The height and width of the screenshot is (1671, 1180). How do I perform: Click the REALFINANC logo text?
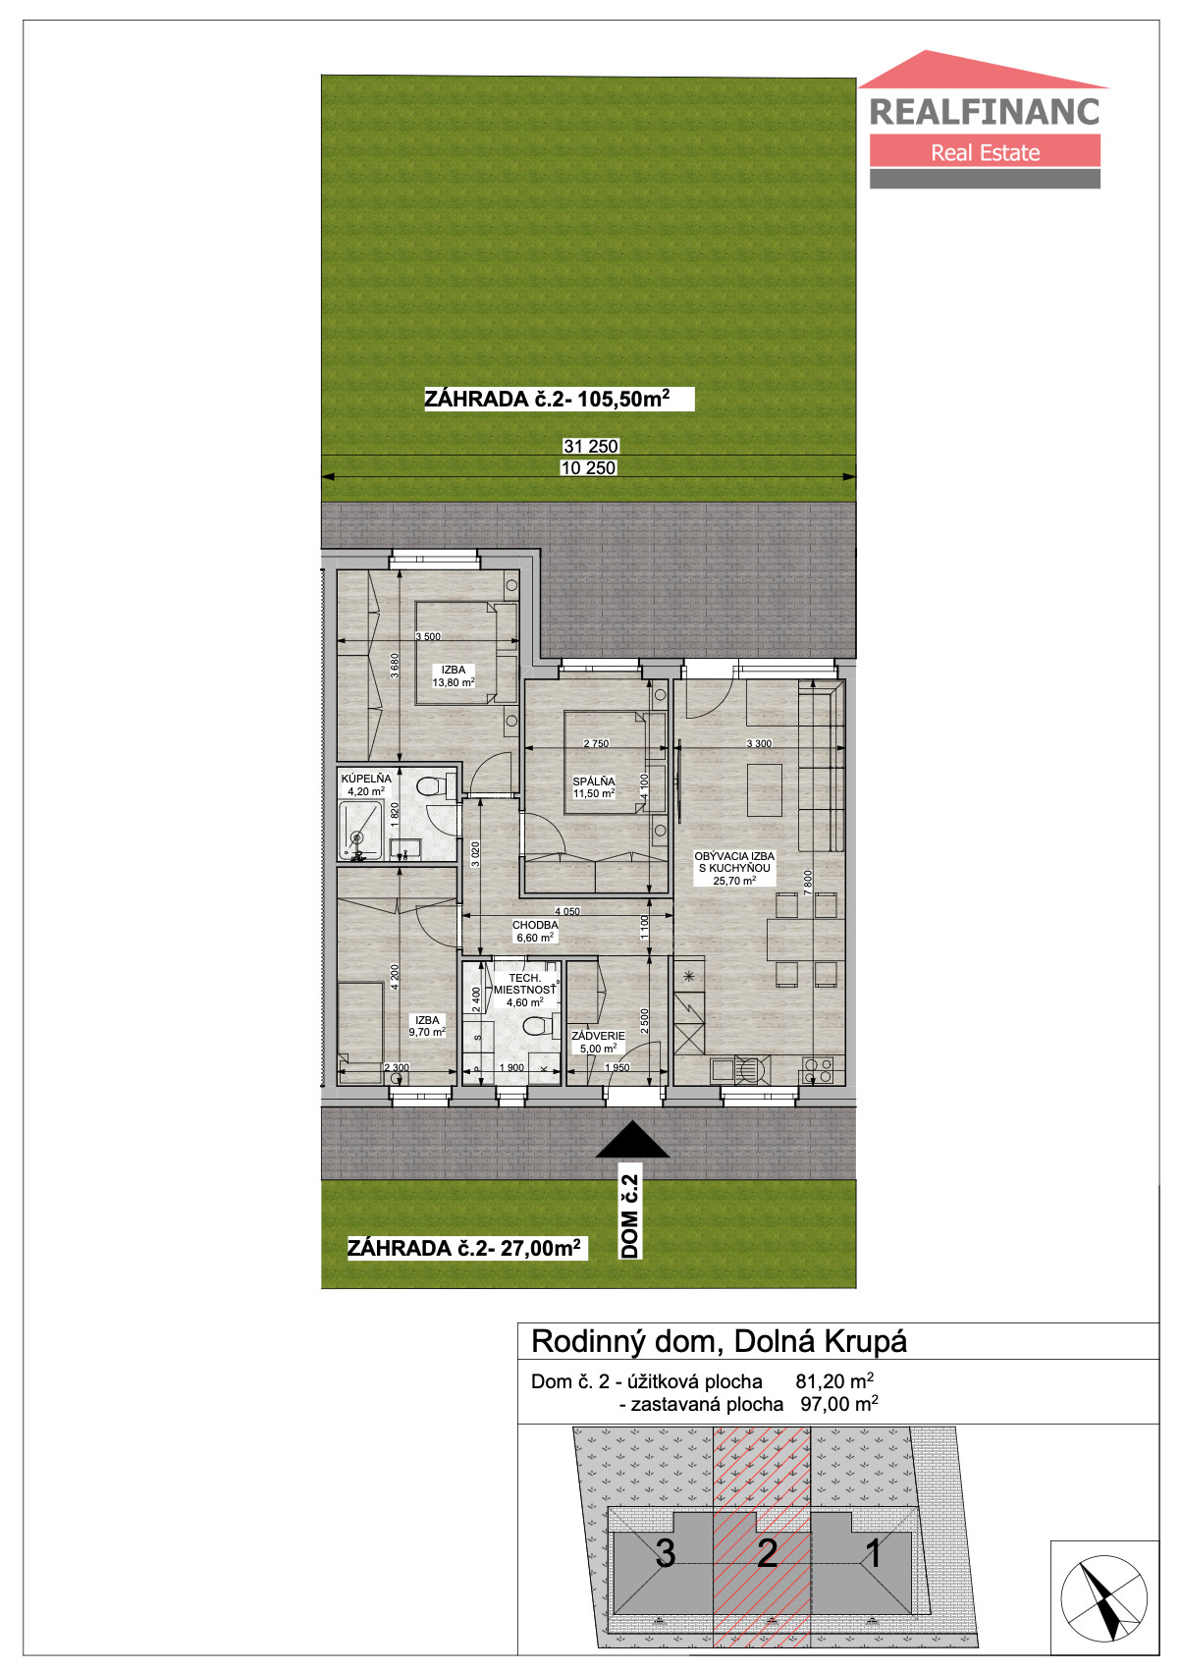point(984,112)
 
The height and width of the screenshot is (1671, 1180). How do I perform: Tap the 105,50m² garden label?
point(547,399)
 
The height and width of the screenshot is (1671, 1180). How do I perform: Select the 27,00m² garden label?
point(464,1248)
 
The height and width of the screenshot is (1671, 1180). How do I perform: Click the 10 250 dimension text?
point(588,467)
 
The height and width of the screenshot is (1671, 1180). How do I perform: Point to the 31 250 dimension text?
point(591,446)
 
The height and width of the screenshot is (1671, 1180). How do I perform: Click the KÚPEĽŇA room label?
point(366,778)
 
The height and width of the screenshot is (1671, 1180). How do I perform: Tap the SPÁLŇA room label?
point(594,782)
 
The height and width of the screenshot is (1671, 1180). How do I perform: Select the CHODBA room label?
point(535,925)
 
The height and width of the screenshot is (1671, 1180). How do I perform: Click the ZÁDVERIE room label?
point(598,1036)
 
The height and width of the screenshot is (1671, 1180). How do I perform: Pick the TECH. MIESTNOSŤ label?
point(524,984)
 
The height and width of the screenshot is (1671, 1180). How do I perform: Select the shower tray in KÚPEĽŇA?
point(360,830)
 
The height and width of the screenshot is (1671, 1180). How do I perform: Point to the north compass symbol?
point(1104,1598)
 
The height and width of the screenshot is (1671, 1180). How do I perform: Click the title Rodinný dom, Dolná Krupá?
point(719,1342)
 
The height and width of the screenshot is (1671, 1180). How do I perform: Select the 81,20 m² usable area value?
point(834,1380)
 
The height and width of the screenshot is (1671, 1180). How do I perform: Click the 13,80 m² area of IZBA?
point(454,681)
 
